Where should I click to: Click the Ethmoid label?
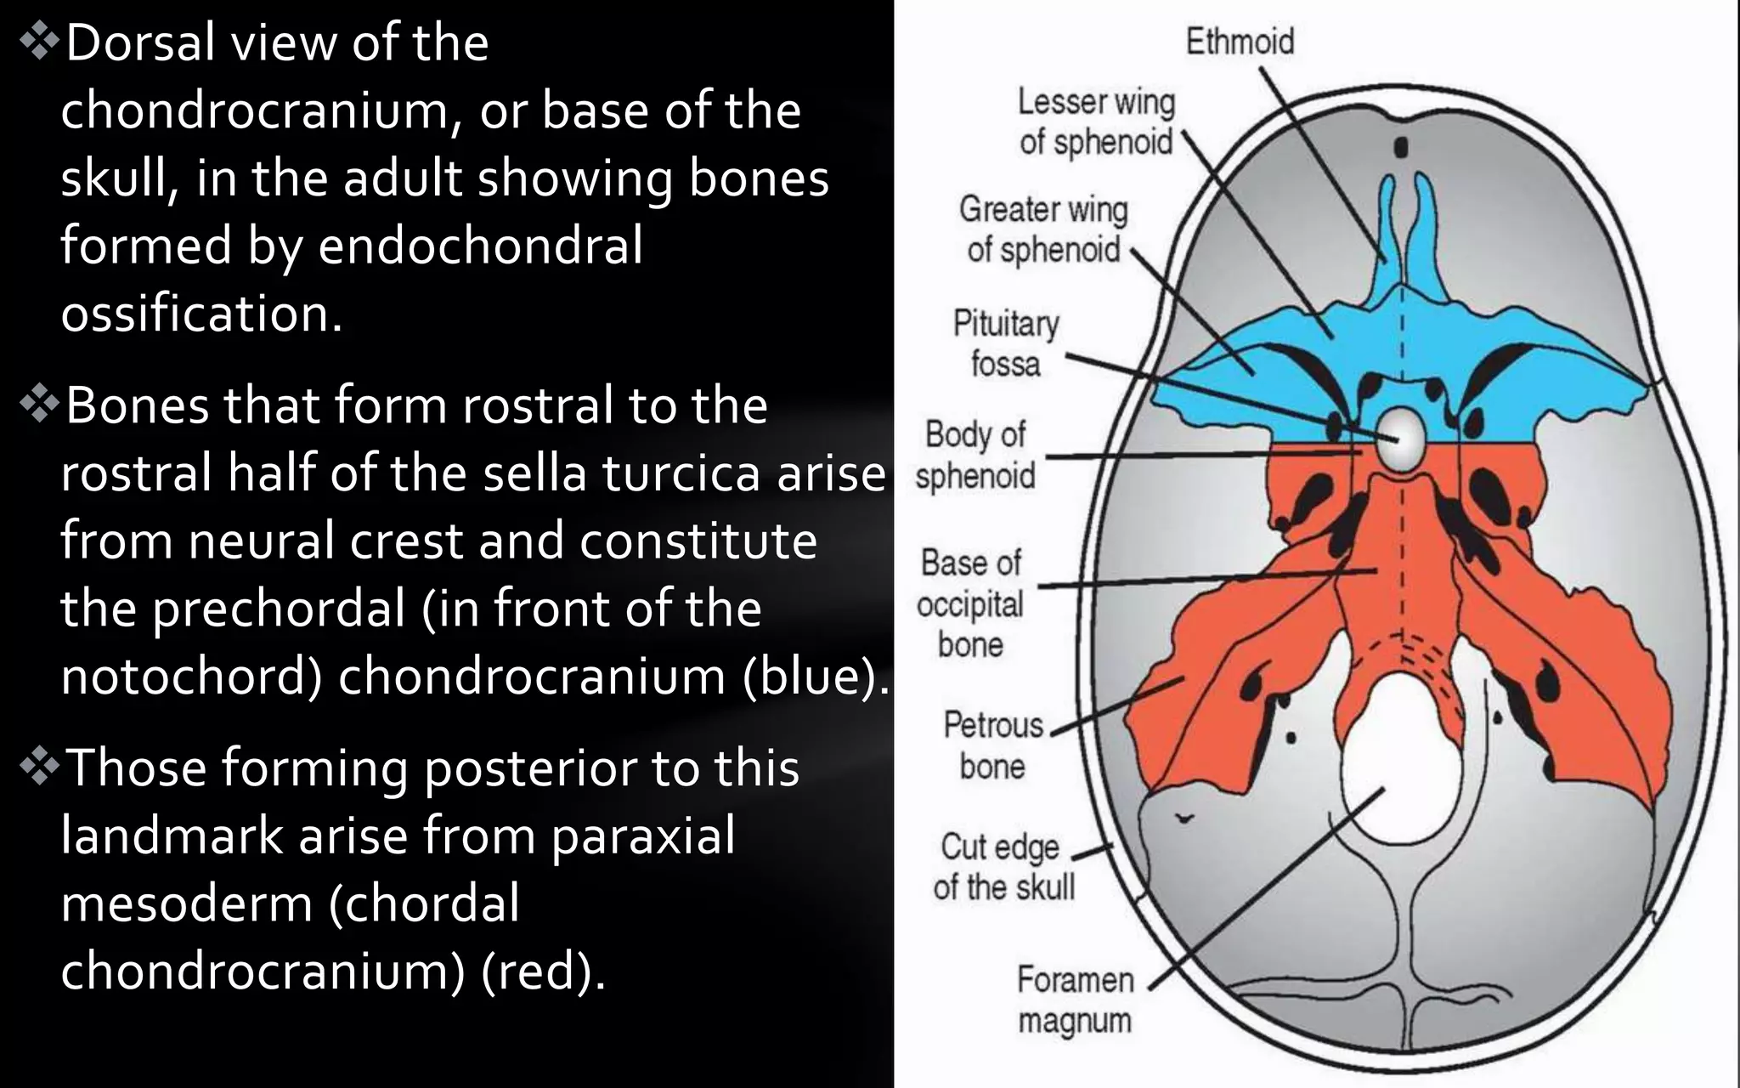1240,42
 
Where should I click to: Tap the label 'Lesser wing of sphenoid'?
1096,122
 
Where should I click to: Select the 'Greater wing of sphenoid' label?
1043,229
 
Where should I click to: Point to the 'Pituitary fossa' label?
1006,343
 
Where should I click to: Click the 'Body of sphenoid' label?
975,455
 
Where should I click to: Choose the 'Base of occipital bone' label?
971,603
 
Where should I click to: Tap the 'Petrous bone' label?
993,745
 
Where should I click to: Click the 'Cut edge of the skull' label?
1003,867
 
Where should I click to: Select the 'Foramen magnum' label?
1075,1000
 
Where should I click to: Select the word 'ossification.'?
201,314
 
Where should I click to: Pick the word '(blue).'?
815,677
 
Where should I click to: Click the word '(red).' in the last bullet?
544,971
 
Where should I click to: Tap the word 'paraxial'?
642,836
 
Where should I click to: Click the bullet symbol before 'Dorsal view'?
38,43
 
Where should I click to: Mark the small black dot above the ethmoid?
1401,148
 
